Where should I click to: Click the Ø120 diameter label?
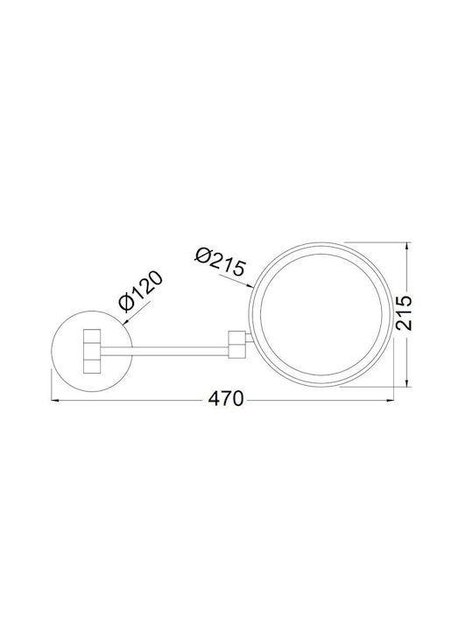tap(141, 290)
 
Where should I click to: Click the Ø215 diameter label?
tap(220, 262)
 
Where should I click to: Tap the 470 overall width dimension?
tap(226, 399)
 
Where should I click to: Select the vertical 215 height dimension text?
tap(404, 313)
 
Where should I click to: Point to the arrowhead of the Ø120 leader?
tap(124, 321)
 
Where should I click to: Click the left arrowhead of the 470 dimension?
tap(54, 400)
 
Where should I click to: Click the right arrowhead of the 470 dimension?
tap(390, 400)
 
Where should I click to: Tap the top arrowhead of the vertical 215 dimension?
tap(408, 246)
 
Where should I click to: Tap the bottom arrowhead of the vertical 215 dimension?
tap(408, 383)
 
